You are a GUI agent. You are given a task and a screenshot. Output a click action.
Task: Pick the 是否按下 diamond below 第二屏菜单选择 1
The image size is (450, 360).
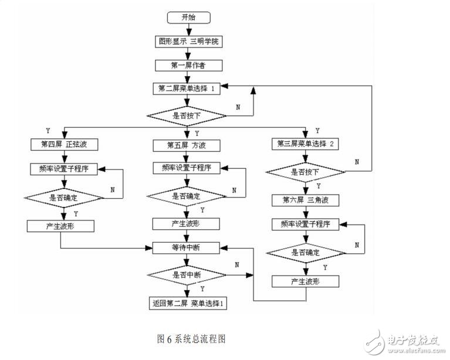(186, 116)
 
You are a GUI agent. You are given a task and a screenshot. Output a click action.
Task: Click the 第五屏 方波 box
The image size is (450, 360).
(186, 144)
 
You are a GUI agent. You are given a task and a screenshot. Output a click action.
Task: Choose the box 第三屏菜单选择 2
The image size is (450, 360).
(305, 144)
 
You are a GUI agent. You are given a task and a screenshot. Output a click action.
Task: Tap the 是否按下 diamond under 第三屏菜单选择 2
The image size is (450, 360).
(305, 172)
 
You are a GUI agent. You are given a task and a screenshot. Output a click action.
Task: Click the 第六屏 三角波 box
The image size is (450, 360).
(305, 199)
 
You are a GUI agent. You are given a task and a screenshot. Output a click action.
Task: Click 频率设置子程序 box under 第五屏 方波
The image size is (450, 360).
(186, 168)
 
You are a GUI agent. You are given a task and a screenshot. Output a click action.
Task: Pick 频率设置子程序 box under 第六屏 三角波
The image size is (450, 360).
(305, 224)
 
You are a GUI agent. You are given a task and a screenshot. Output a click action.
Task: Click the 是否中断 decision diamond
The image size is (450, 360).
(186, 274)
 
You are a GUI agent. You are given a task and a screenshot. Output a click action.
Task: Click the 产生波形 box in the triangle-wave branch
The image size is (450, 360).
(305, 281)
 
